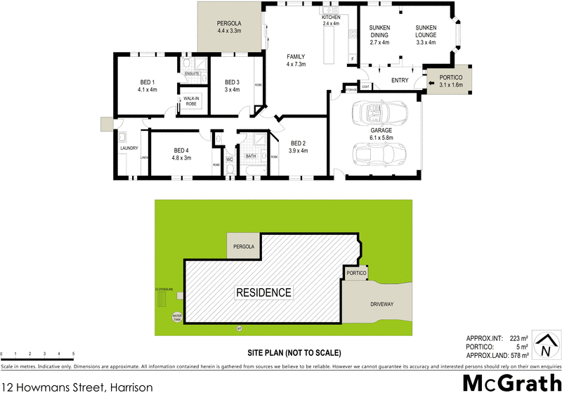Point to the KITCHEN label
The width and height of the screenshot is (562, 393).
[331, 18]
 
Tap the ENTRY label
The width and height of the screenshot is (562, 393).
[400, 80]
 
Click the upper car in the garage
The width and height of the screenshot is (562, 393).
[376, 112]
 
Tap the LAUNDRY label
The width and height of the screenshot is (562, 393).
[129, 148]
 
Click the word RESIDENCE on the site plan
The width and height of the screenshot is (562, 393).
[263, 292]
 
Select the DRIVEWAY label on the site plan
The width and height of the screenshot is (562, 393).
[384, 304]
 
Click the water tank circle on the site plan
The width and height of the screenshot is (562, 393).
[176, 317]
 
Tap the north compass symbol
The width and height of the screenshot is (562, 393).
[543, 346]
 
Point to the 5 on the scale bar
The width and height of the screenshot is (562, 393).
[73, 354]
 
